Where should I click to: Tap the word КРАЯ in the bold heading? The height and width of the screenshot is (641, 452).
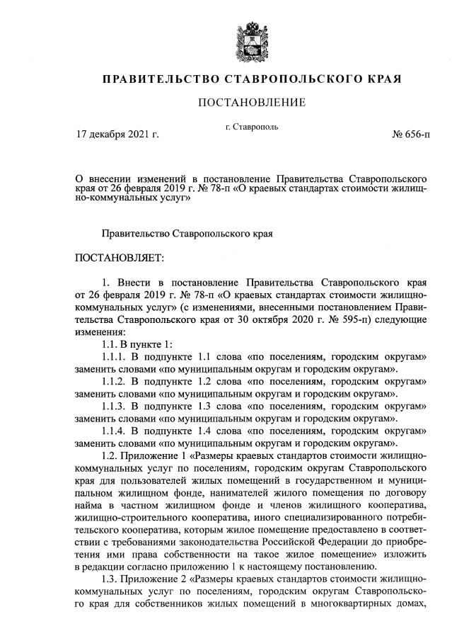click(x=381, y=78)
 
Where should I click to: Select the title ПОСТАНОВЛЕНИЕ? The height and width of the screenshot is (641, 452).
click(x=252, y=103)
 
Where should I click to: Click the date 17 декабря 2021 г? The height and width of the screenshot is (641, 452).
click(x=117, y=133)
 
